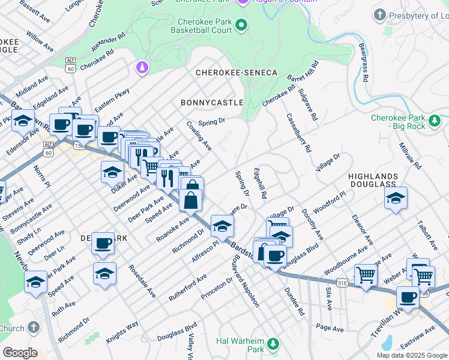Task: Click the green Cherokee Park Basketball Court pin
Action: coord(241,25)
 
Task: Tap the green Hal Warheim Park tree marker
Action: coord(273,343)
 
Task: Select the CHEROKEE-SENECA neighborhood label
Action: coord(237,73)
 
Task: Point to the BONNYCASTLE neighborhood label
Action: coord(212,103)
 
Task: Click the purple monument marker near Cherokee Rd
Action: coord(142,68)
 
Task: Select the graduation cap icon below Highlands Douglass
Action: coord(396,197)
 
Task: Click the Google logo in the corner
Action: coord(20,353)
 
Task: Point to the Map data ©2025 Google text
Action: coord(412,355)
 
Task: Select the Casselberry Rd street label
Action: coord(298,132)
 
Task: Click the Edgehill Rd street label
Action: coord(259,184)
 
